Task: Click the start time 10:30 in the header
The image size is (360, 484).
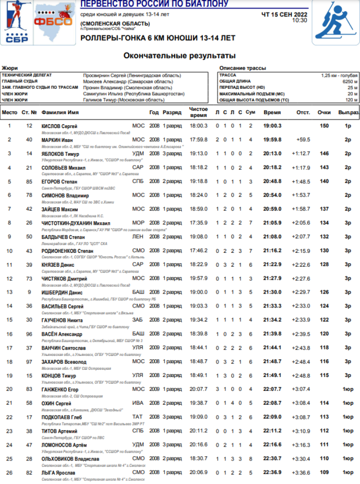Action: pos(300,20)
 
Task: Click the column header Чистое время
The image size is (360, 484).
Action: pos(198,112)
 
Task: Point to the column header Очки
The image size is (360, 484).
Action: pos(324,112)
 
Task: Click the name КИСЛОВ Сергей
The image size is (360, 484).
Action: pos(57,126)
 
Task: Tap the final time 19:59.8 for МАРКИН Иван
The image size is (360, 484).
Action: pos(272,140)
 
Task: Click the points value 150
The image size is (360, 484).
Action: pos(324,126)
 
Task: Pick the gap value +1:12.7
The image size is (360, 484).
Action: pos(303,153)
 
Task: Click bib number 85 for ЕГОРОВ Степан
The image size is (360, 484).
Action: pos(29,181)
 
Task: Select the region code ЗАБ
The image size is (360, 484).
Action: pos(138,320)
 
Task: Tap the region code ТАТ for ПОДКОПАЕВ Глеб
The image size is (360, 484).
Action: pos(138,417)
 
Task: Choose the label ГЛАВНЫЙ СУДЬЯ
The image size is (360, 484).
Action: pos(20,82)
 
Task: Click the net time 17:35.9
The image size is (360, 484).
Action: pos(198,223)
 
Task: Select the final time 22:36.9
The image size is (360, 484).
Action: pos(272,473)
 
